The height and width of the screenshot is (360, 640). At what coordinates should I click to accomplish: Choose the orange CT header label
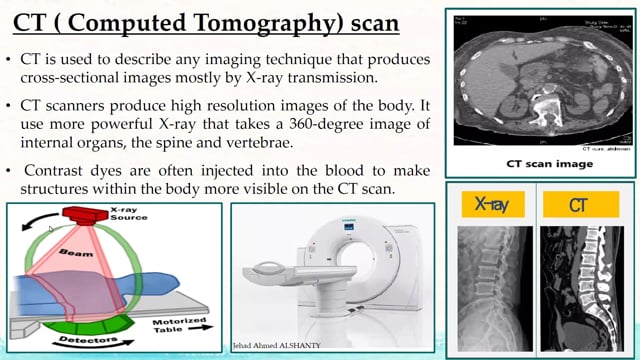(579, 206)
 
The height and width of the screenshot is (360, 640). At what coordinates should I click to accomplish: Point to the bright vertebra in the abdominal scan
(547, 108)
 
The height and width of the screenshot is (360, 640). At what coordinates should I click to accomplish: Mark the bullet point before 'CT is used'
(11, 59)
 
